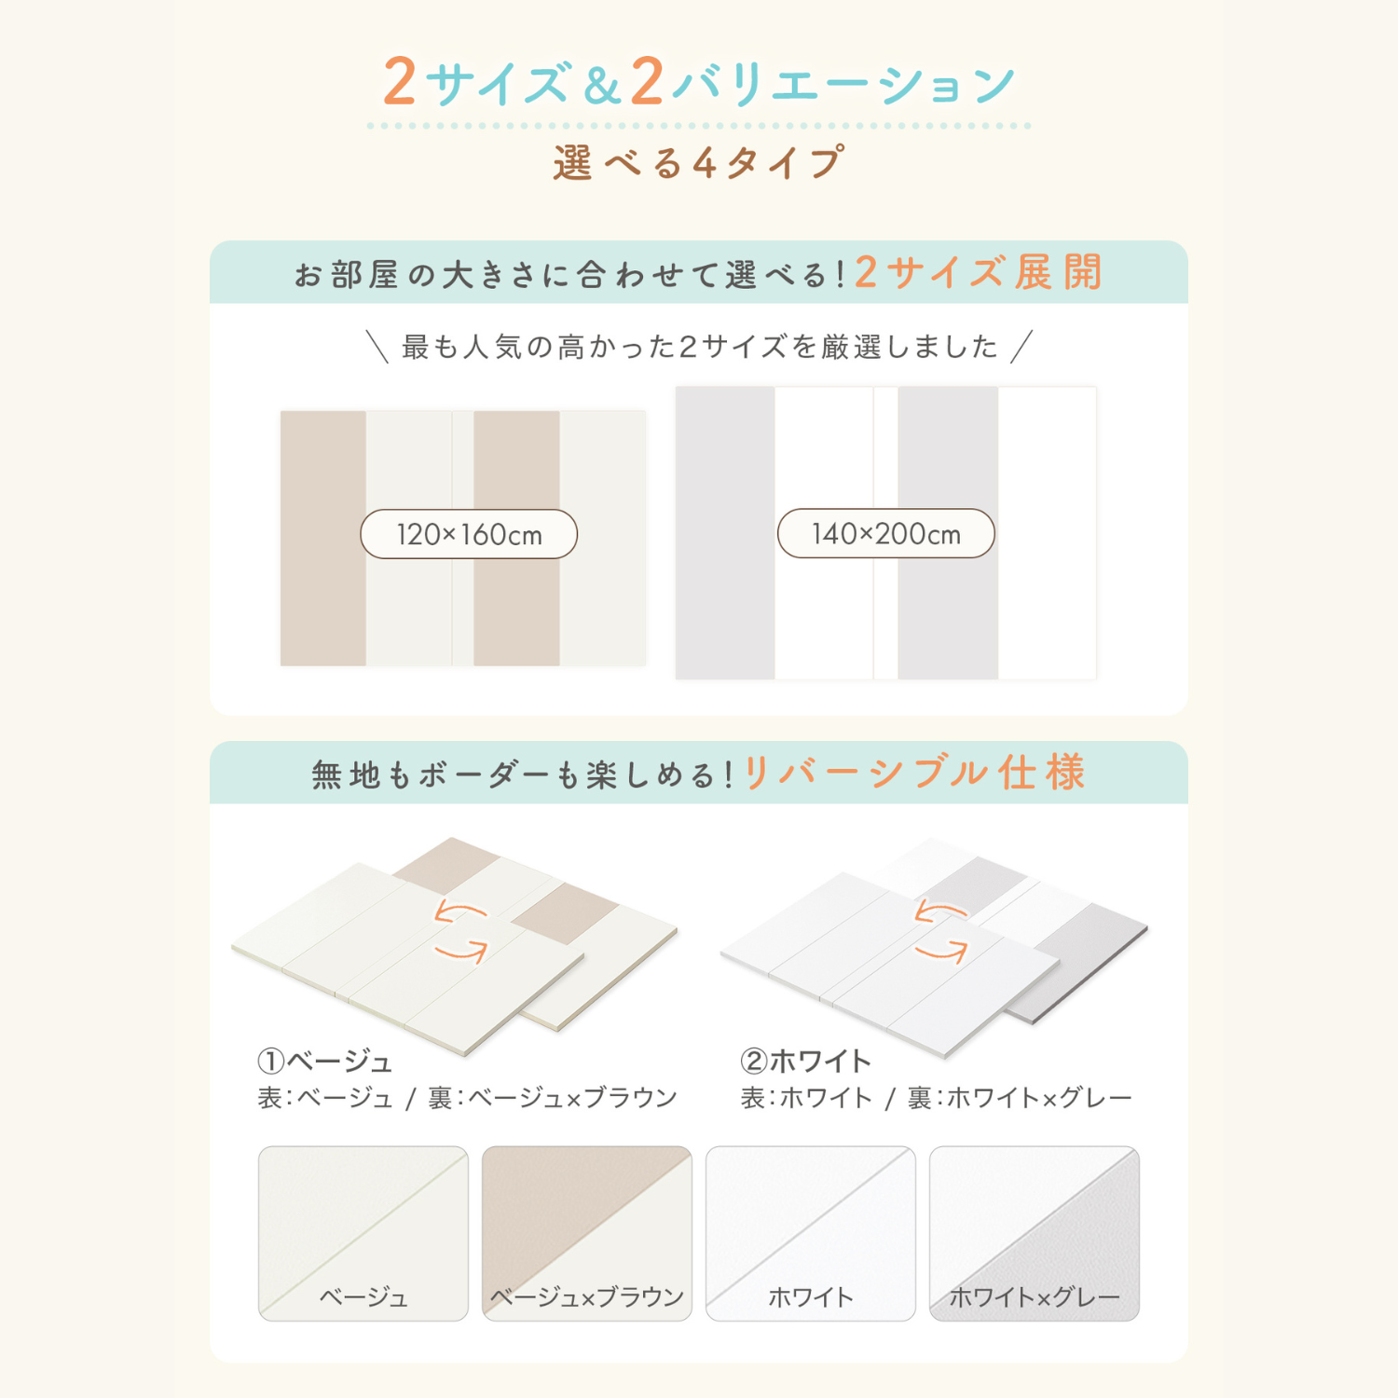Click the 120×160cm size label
pos(469,534)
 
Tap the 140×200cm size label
pos(885,533)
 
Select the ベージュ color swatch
pos(363,1232)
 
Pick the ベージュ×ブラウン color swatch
pos(586,1232)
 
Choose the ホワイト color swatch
pos(810,1232)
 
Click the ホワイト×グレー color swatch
pos(1034,1232)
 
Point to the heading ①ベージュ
pos(324,1061)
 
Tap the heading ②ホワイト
pos(805,1061)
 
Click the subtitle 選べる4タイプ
pos(699,163)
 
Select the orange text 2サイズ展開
pos(979,273)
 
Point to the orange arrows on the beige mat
pos(461,931)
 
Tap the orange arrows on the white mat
pos(941,931)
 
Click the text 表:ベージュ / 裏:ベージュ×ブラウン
pos(467,1098)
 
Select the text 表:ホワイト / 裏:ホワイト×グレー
pos(936,1098)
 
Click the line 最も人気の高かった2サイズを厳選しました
pos(699,347)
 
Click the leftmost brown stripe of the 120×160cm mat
pos(322,538)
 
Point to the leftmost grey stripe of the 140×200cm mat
pos(725,532)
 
